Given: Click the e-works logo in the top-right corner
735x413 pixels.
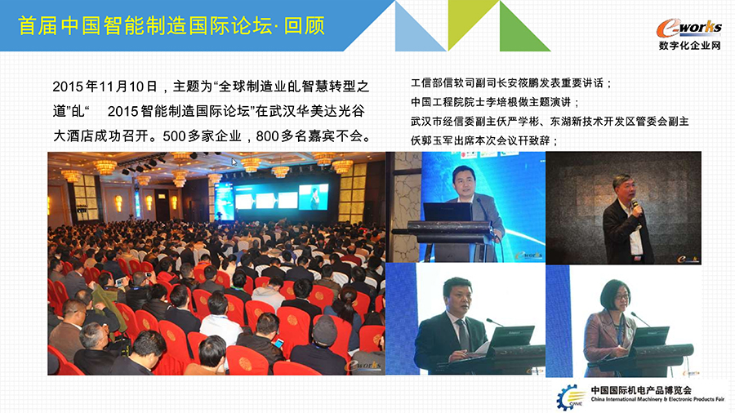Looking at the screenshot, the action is (688, 28).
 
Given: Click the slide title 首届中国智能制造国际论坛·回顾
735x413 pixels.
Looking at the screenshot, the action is (171, 25).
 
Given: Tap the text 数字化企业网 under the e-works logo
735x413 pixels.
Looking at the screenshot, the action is (689, 46).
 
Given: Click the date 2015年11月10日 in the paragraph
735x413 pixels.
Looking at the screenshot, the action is (105, 87).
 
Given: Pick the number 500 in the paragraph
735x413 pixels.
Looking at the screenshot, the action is (175, 136).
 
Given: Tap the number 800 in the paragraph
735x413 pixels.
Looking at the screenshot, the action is (268, 136).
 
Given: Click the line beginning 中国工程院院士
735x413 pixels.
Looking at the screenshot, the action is (495, 102).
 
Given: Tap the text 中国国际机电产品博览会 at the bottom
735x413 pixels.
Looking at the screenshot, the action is (641, 389).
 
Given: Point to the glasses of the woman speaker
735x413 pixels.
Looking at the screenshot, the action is (621, 297).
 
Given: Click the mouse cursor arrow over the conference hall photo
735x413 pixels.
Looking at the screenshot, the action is (234, 162).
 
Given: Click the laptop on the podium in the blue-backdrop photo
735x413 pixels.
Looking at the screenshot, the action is (448, 212).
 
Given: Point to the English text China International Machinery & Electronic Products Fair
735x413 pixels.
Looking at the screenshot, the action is (657, 399).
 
